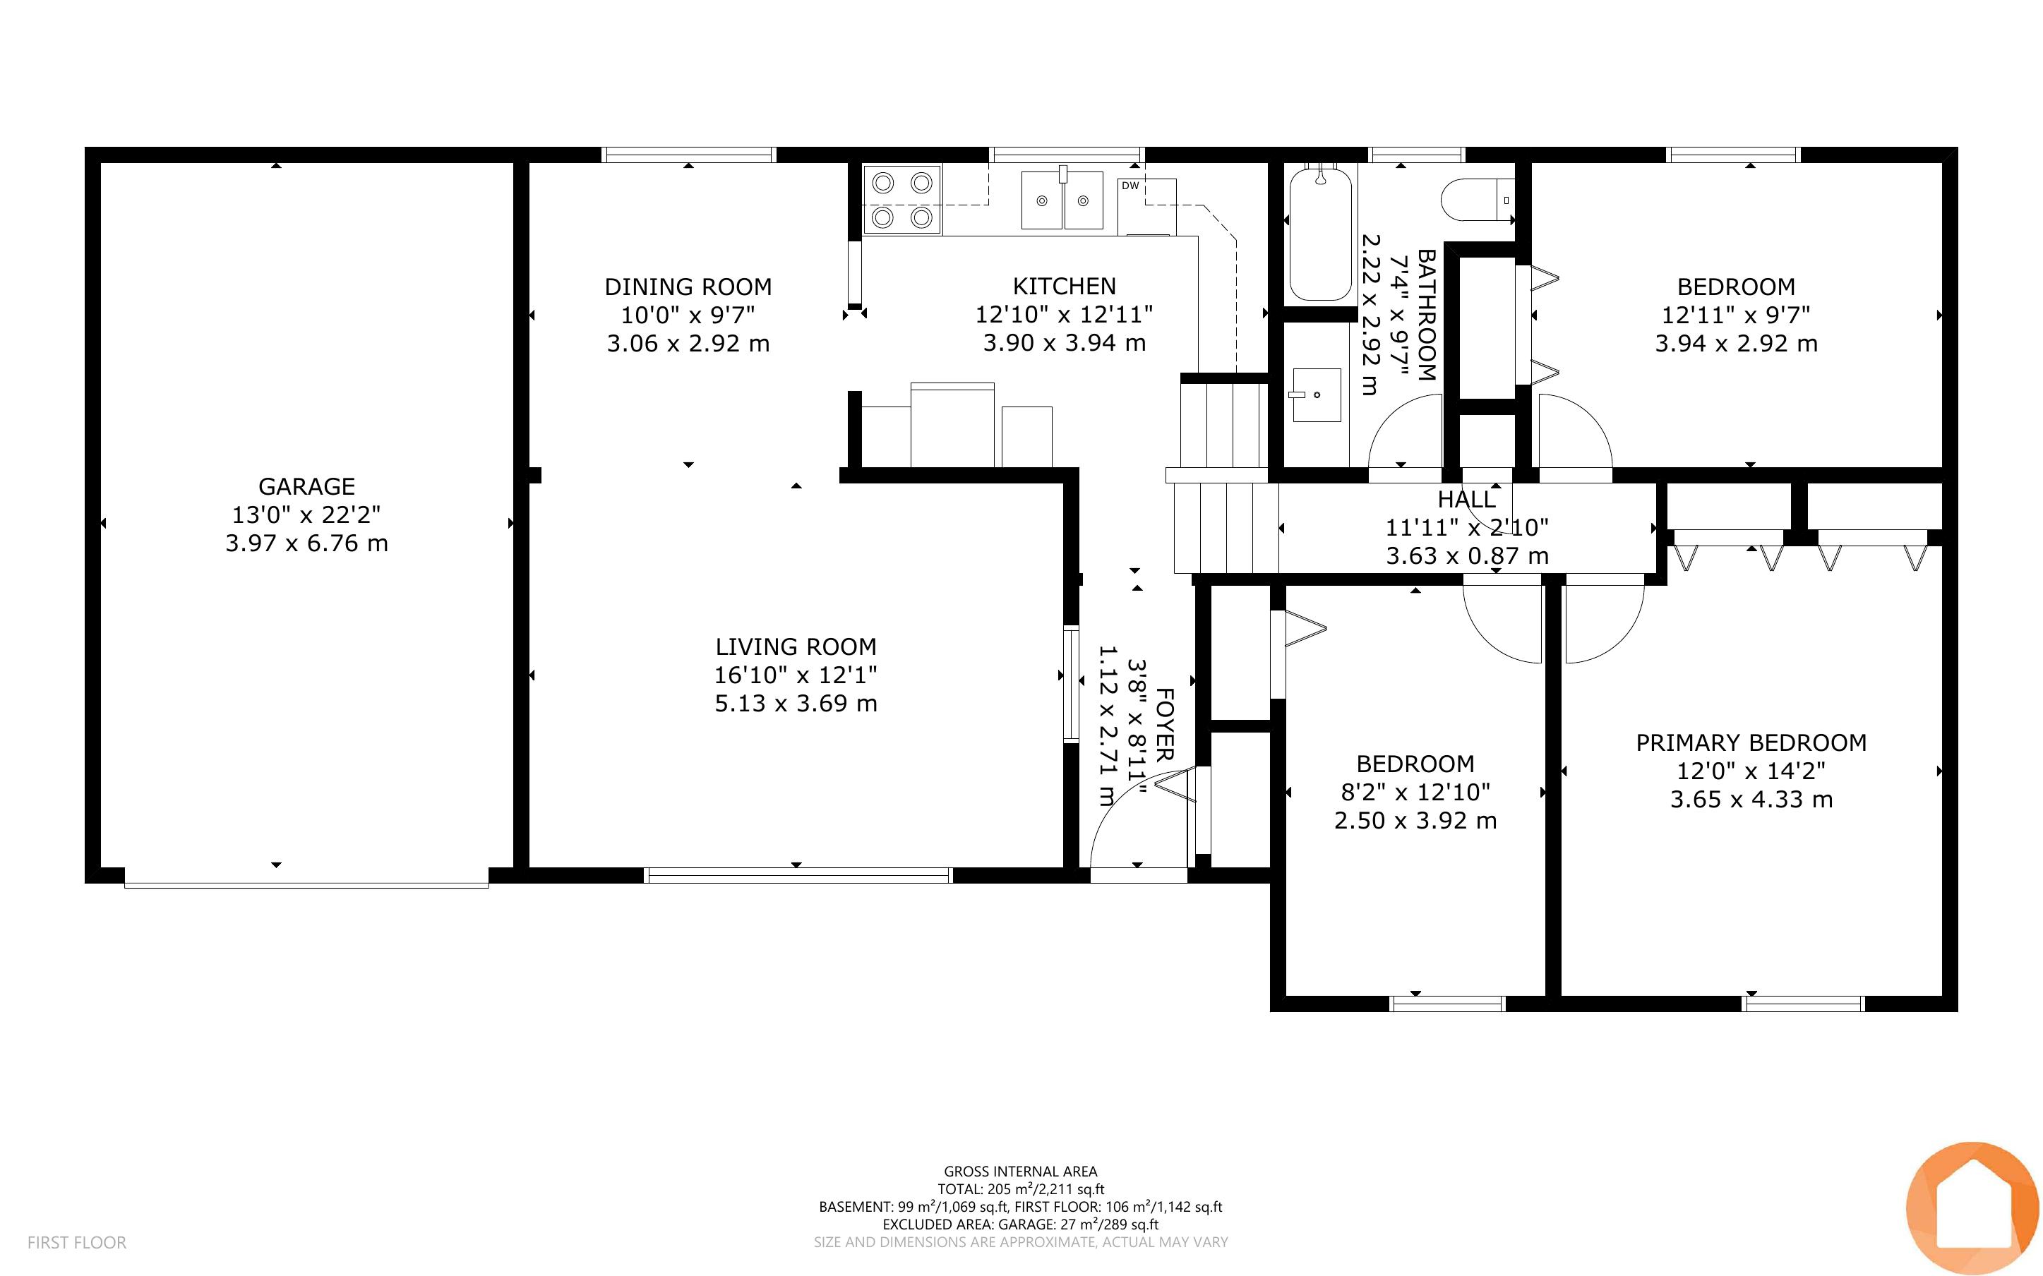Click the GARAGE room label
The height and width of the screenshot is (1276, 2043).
click(306, 486)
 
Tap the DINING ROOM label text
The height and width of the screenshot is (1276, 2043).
click(688, 287)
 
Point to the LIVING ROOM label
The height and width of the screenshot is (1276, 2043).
click(796, 646)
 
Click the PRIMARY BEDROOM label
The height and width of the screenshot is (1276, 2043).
click(1751, 742)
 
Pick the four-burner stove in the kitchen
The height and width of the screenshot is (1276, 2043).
click(902, 200)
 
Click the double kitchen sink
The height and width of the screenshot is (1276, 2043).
click(1062, 200)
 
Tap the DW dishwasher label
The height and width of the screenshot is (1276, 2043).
click(1130, 186)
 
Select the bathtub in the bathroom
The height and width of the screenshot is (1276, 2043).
click(1321, 232)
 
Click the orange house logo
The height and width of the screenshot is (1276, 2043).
click(1972, 1208)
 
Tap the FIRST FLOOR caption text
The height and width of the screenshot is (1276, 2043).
click(77, 1242)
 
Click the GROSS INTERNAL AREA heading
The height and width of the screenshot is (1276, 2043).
click(1020, 1172)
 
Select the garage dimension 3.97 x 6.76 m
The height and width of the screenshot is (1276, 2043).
click(306, 543)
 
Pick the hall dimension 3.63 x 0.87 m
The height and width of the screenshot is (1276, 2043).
click(1467, 556)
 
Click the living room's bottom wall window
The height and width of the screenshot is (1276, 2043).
click(798, 875)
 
